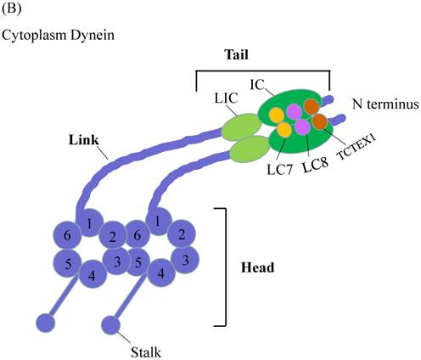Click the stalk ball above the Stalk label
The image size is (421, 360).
(x=111, y=324)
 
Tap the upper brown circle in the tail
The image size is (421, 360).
(x=312, y=107)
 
